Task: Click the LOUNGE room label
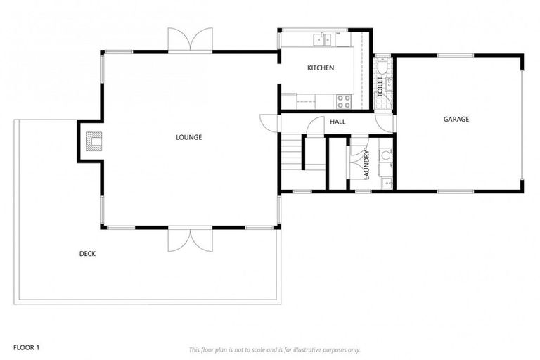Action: (x=188, y=137)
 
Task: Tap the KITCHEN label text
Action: (x=320, y=68)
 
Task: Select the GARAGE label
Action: (x=456, y=120)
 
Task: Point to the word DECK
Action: (x=87, y=254)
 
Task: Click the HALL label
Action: (x=337, y=122)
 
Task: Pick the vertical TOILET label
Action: (x=380, y=88)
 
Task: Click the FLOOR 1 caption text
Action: (x=27, y=347)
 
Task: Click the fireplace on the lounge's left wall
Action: (x=91, y=142)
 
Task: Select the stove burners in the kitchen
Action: (x=344, y=101)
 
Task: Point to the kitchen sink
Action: (x=323, y=39)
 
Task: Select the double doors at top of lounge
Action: (x=190, y=41)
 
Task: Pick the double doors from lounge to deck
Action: (x=190, y=239)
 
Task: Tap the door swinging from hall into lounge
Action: (x=268, y=122)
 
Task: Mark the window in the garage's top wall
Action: (x=457, y=55)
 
